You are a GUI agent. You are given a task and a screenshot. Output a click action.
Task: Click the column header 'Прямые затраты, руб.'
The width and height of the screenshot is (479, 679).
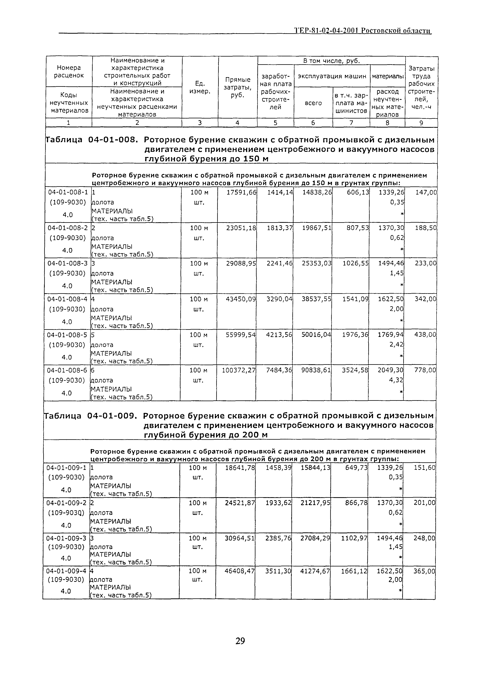pyautogui.click(x=238, y=88)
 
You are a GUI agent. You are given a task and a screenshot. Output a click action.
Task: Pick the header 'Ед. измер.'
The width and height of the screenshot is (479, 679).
pyautogui.click(x=200, y=88)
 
